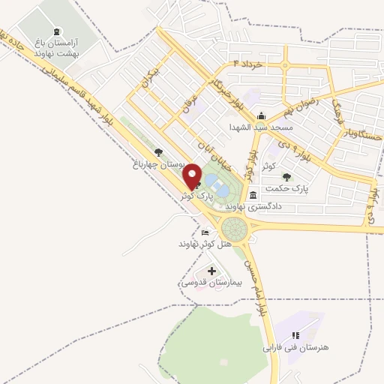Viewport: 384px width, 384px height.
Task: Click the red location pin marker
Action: pyautogui.click(x=195, y=176)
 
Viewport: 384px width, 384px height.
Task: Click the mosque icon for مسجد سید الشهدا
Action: pyautogui.click(x=260, y=115)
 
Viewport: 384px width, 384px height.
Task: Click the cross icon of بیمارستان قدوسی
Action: pyautogui.click(x=211, y=271)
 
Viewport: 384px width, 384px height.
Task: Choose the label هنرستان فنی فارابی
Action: pyautogui.click(x=296, y=348)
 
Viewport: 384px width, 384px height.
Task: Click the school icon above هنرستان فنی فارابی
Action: pyautogui.click(x=296, y=335)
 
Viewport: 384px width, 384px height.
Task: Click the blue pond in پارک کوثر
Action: pyautogui.click(x=212, y=183)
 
